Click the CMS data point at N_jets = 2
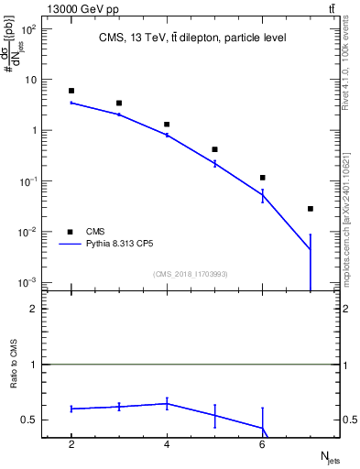coord(71,91)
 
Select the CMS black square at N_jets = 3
coord(119,104)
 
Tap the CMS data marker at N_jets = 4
coord(167,124)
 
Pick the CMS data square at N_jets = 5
coord(214,149)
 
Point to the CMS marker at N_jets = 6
coord(263,178)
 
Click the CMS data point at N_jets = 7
coord(311,209)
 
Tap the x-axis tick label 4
coord(167,444)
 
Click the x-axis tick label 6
coord(263,444)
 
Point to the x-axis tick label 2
coord(71,444)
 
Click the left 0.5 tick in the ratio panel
coord(29,420)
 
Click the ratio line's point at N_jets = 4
coord(167,403)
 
